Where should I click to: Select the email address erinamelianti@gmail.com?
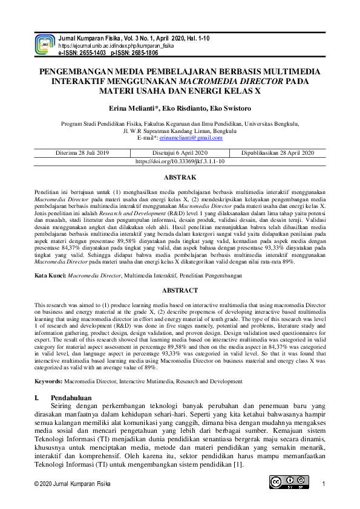(193, 138)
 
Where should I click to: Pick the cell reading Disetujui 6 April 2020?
(180, 154)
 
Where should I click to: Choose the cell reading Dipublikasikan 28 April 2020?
(278, 154)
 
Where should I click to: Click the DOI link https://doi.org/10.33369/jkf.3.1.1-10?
(180, 162)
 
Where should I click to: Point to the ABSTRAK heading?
(180, 177)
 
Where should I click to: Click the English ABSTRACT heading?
(180, 290)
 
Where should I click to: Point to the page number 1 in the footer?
(324, 484)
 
